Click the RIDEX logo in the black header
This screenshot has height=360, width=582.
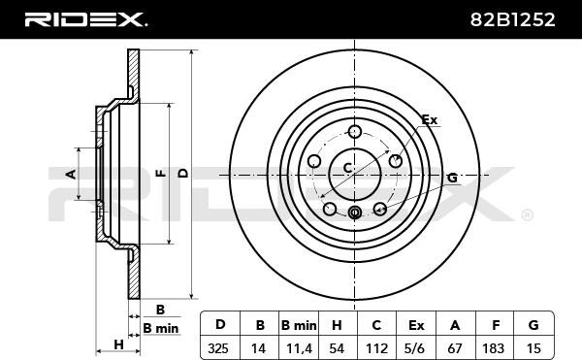tap(85, 19)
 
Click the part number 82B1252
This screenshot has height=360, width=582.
tap(512, 19)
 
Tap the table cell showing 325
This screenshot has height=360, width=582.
tap(218, 348)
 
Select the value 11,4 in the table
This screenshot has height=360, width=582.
tap(299, 349)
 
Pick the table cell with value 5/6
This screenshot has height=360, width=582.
tap(415, 348)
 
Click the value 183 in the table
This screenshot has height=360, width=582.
tap(493, 348)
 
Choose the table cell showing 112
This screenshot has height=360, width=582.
tap(376, 348)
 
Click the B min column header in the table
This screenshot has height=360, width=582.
tap(299, 325)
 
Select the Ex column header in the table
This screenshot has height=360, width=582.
tap(416, 325)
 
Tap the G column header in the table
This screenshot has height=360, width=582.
tap(533, 325)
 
